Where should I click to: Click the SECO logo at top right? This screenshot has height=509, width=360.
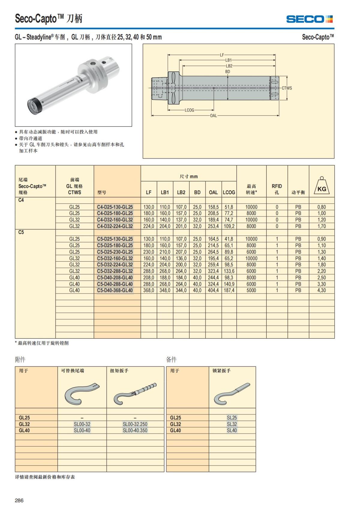309,19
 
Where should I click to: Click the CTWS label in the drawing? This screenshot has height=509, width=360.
286,88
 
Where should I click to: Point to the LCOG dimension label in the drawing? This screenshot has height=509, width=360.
189,110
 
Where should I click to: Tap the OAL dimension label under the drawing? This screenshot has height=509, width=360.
213,115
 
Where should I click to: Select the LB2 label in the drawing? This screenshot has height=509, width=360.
229,66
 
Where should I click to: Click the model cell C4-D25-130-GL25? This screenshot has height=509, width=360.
115,207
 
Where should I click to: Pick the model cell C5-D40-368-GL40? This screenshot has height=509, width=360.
115,290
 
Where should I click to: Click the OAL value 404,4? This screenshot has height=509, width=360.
213,290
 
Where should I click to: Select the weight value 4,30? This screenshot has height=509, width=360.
322,290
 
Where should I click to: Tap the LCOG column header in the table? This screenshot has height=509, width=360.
229,192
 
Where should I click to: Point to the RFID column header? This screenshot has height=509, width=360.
277,189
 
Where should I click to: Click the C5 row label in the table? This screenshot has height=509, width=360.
21,232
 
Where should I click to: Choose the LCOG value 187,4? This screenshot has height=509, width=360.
229,290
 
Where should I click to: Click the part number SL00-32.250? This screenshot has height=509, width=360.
135,424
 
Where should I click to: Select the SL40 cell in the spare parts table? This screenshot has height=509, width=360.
232,430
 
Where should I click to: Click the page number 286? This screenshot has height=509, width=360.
19,500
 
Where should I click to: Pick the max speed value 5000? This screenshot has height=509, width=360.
251,290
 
